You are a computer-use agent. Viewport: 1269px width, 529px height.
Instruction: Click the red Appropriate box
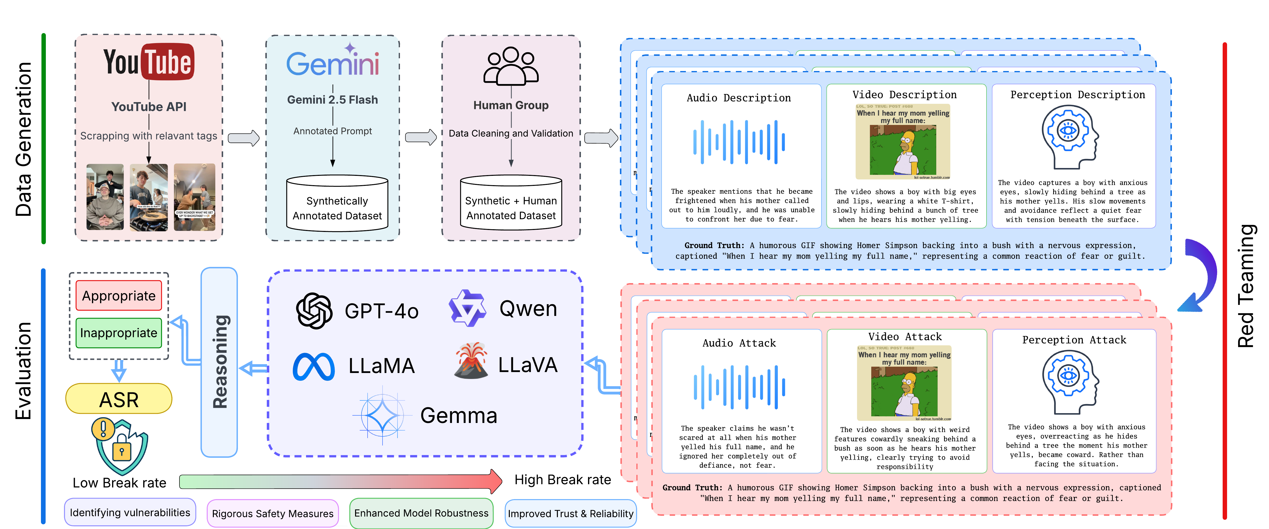119,296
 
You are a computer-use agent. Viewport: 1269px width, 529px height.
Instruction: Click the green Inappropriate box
119,333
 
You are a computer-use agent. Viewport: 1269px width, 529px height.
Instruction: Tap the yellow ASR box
119,399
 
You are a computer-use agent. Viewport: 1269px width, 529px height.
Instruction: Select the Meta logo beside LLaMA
314,367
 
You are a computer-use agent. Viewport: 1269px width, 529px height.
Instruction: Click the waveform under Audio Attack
739,387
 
